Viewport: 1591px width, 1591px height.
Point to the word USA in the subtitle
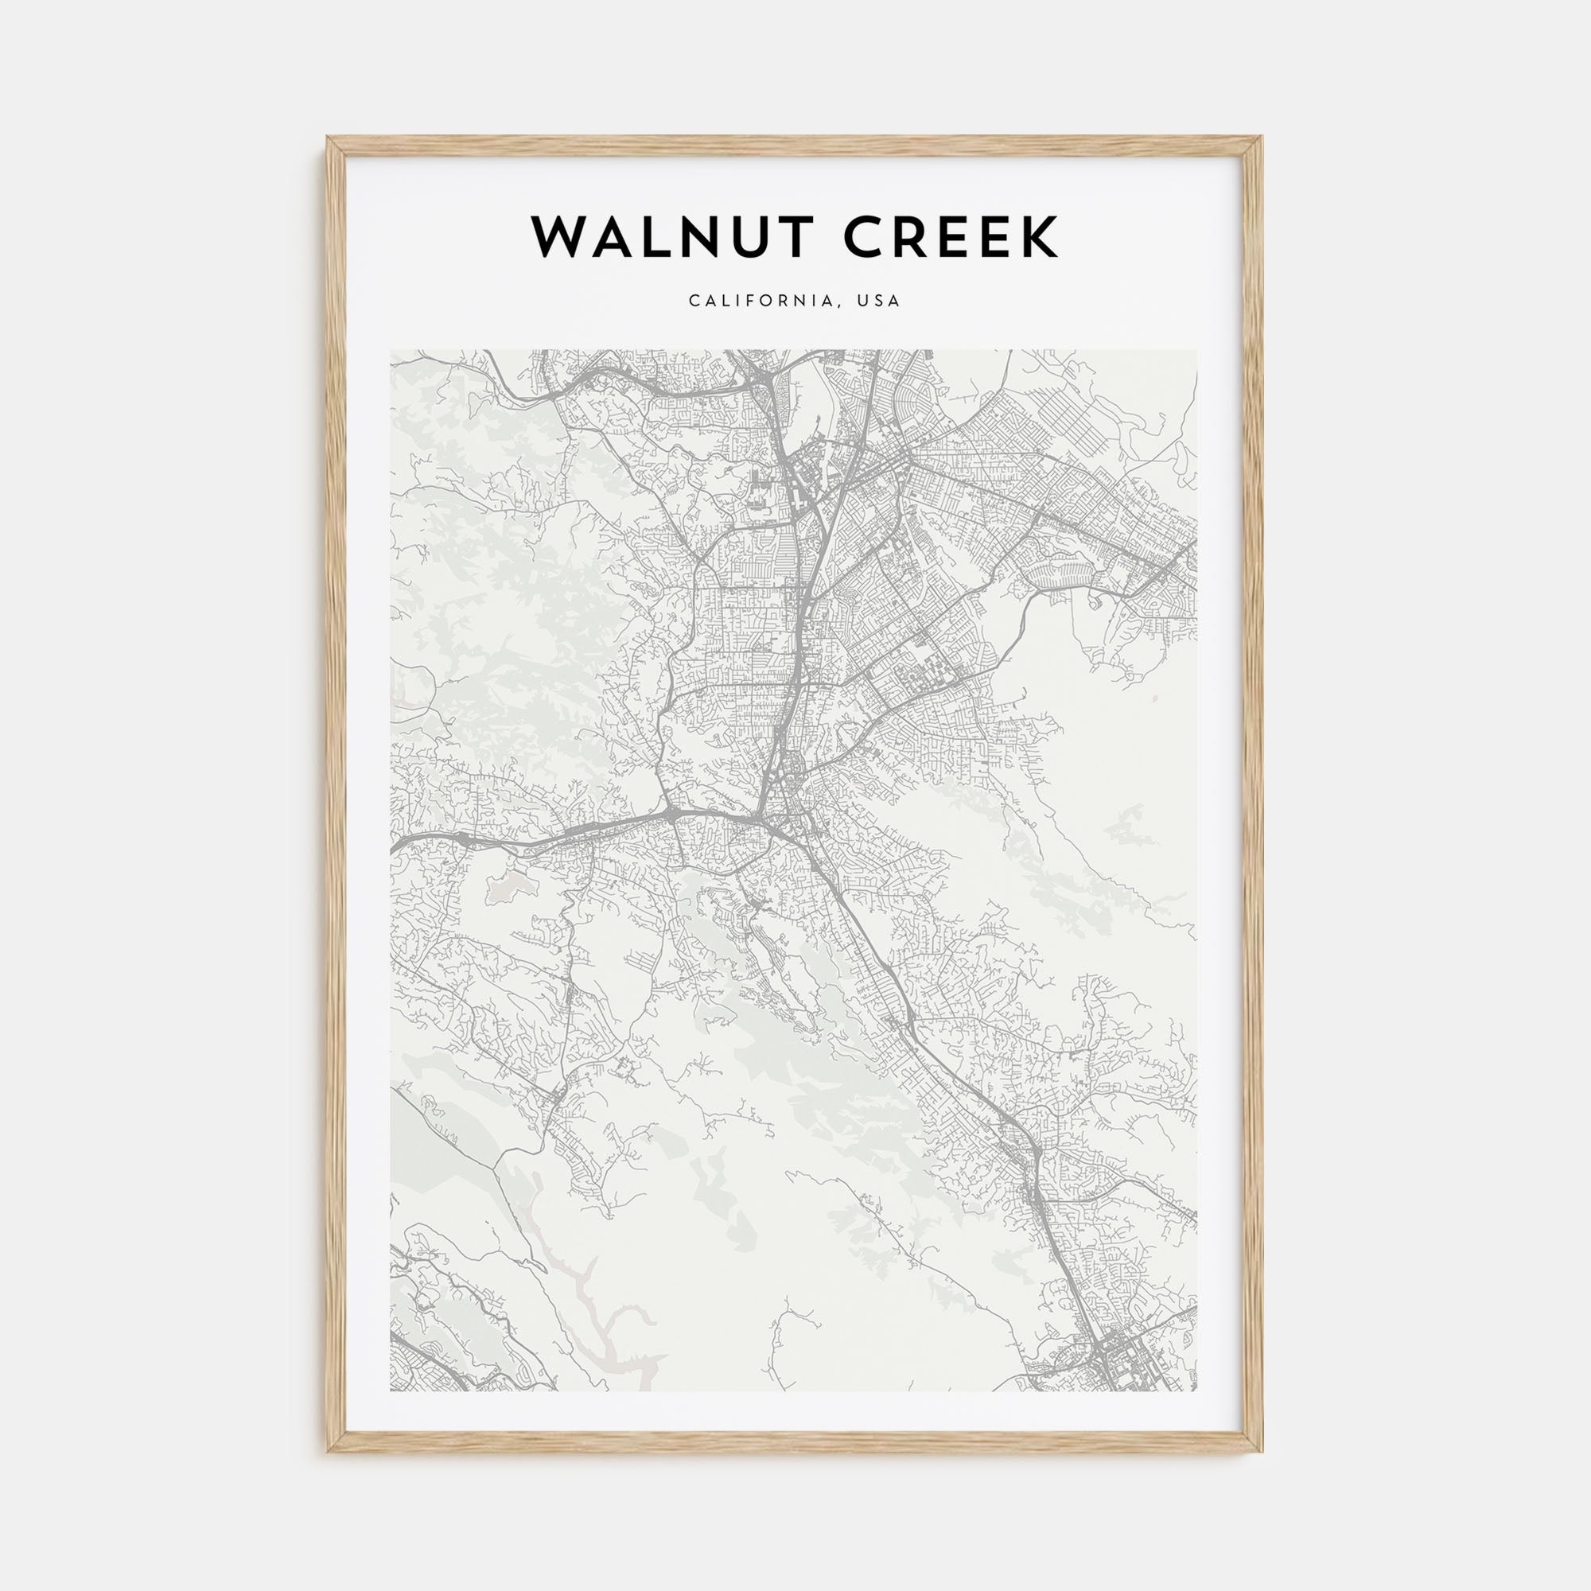[x=879, y=301]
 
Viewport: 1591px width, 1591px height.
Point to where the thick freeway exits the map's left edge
[x=394, y=847]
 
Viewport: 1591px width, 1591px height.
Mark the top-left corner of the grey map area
[x=391, y=350]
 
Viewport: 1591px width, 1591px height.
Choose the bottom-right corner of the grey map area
[x=1197, y=1391]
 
